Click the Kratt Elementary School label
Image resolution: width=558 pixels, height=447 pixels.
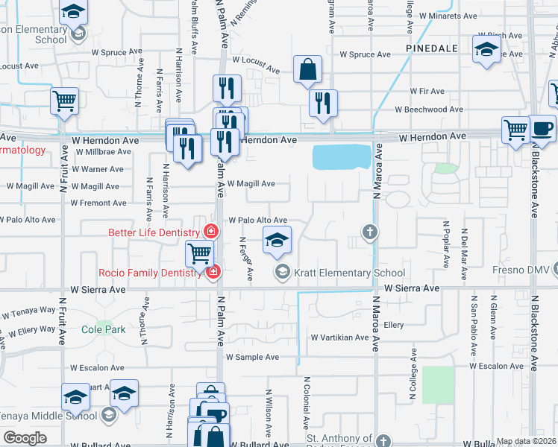click(348, 273)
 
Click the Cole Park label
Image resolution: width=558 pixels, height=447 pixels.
click(103, 329)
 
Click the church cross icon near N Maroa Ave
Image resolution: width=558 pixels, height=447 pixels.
click(369, 232)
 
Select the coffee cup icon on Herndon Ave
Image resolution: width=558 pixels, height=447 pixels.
click(543, 127)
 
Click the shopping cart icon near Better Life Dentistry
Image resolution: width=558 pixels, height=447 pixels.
click(199, 254)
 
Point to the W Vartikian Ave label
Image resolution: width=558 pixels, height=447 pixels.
click(339, 337)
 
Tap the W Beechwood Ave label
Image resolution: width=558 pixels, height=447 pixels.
click(429, 109)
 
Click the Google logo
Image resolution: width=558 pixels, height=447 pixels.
click(25, 438)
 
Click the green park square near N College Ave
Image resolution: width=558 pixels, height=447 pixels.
click(438, 384)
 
